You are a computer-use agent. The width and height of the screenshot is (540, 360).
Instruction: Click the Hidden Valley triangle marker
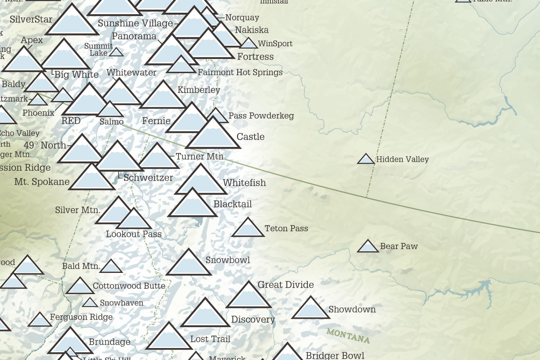[x=366, y=159]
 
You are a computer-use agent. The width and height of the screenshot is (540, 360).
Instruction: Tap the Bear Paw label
[x=399, y=246]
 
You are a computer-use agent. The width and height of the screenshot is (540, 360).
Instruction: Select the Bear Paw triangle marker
[x=368, y=247]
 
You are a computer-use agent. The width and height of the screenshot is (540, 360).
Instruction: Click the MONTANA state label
[x=348, y=335]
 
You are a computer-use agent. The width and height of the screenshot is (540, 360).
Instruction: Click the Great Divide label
[x=285, y=285]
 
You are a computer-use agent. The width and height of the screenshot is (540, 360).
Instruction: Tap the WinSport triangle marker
[x=249, y=44]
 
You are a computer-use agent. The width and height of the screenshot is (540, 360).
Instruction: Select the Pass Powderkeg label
[x=261, y=116]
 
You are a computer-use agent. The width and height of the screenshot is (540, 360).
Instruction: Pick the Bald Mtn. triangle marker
[x=111, y=267]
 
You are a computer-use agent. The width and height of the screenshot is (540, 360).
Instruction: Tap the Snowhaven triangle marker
[x=90, y=303]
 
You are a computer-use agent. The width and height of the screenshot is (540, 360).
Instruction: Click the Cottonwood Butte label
[x=129, y=286]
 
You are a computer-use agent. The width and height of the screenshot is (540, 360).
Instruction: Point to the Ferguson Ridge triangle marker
[x=39, y=320]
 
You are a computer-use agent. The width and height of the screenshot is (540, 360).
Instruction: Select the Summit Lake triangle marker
[x=116, y=52]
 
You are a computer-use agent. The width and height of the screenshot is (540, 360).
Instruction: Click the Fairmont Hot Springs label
[x=240, y=72]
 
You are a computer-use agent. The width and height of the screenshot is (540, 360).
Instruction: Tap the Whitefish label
[x=244, y=183]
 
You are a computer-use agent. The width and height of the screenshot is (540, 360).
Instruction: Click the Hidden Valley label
[x=402, y=159]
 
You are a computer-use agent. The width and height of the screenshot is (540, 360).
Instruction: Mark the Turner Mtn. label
[x=201, y=156]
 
